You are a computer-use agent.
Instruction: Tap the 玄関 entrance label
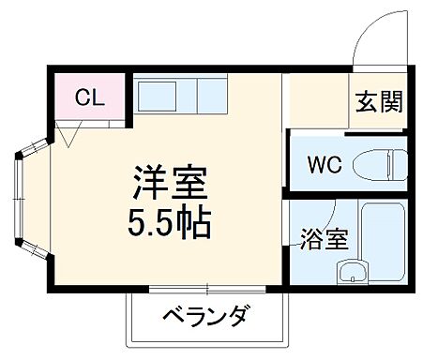378,102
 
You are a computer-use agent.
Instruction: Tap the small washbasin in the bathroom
354,272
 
